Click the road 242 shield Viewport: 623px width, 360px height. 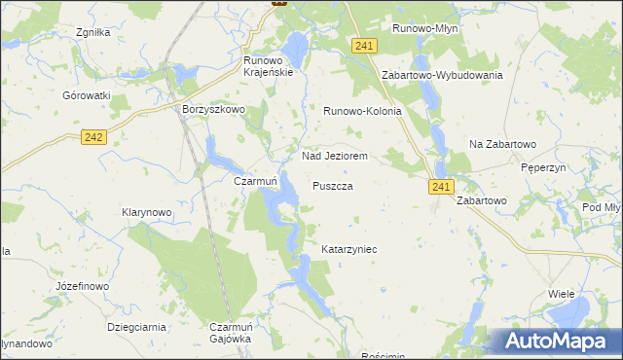[x=93, y=139]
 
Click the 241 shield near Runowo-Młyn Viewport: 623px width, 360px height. [x=365, y=47]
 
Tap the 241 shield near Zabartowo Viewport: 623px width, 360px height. [x=441, y=185]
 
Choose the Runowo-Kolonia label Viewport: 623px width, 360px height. [x=362, y=111]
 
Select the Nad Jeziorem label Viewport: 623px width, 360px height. [x=334, y=156]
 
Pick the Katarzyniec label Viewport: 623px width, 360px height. [x=348, y=250]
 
